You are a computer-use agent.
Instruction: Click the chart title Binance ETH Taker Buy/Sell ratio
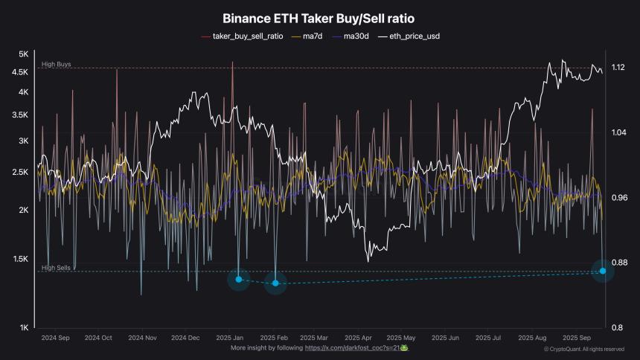[x=319, y=19]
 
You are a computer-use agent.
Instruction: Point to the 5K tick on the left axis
[x=23, y=54]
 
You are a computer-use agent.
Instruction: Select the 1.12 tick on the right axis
[x=618, y=68]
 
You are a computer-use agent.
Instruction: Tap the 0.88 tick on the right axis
[x=618, y=263]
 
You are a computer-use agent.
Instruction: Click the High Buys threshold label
[x=57, y=65]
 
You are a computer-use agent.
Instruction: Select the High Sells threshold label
[x=57, y=268]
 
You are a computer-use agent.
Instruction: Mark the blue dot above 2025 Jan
[x=238, y=279]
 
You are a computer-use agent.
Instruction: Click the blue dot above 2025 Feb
[x=275, y=283]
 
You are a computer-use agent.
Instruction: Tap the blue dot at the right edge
[x=603, y=271]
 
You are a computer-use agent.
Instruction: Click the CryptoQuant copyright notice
[x=583, y=349]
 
